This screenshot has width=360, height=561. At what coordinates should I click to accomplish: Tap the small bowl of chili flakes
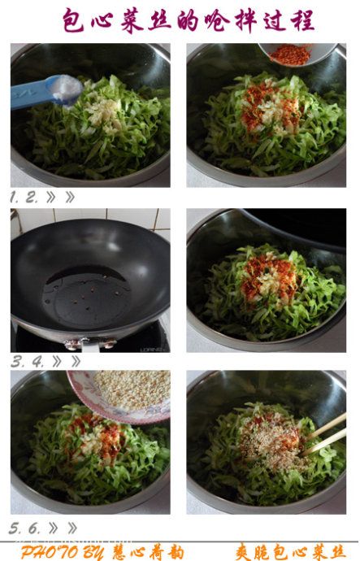pyautogui.click(x=291, y=54)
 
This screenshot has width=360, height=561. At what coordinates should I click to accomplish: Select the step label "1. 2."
pyautogui.click(x=25, y=197)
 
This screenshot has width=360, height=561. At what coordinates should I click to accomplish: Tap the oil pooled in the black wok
pyautogui.click(x=85, y=297)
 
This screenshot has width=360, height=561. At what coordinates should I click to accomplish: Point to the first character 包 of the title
pyautogui.click(x=75, y=20)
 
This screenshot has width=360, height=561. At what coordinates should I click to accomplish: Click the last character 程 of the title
pyautogui.click(x=300, y=20)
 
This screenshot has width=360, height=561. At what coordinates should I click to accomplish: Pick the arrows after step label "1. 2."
pyautogui.click(x=61, y=197)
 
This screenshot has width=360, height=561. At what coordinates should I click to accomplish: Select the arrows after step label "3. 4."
pyautogui.click(x=66, y=361)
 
